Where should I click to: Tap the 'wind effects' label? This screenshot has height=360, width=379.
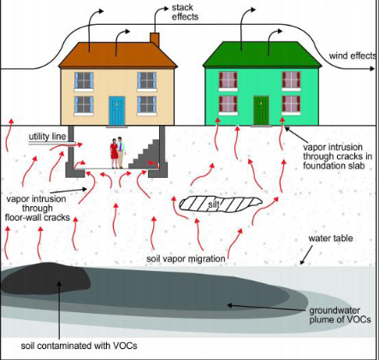[x=352, y=56]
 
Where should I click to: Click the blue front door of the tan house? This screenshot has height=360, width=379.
[x=117, y=108]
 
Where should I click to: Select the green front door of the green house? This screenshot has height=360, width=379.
[x=261, y=109]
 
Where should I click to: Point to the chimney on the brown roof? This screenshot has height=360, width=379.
[x=154, y=38]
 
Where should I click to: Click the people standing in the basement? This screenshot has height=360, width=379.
[x=118, y=154]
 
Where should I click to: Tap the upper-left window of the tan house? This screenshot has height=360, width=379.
[x=84, y=80]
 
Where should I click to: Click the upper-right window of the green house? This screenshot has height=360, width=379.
[x=292, y=80]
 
